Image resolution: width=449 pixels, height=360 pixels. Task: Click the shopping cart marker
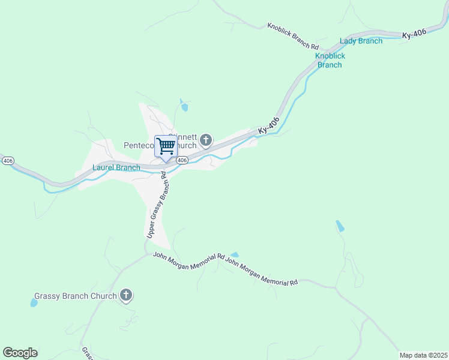[166, 146]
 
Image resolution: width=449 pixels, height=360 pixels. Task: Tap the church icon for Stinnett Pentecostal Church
[206, 141]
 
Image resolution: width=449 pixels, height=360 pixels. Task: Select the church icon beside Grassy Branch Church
[126, 295]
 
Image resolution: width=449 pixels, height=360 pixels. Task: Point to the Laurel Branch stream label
[116, 167]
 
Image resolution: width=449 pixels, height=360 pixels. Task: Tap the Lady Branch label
[361, 41]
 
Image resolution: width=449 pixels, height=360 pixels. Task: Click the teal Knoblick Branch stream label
[330, 60]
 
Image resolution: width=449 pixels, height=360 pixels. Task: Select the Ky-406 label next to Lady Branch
[415, 34]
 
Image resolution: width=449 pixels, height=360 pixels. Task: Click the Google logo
[20, 353]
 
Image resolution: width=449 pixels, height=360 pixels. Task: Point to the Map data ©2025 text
[423, 355]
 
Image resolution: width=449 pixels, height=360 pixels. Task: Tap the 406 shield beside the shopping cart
[183, 160]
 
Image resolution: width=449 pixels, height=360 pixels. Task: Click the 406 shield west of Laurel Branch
[8, 161]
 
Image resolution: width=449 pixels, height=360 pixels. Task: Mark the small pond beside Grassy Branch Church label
[34, 302]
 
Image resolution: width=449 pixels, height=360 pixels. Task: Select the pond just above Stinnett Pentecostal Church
[184, 107]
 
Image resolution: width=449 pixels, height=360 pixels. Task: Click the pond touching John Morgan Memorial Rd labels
[234, 255]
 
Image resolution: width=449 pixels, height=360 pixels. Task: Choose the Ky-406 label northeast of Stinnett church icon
[269, 125]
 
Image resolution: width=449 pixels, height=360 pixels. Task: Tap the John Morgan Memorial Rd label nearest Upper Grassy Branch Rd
[188, 257]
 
